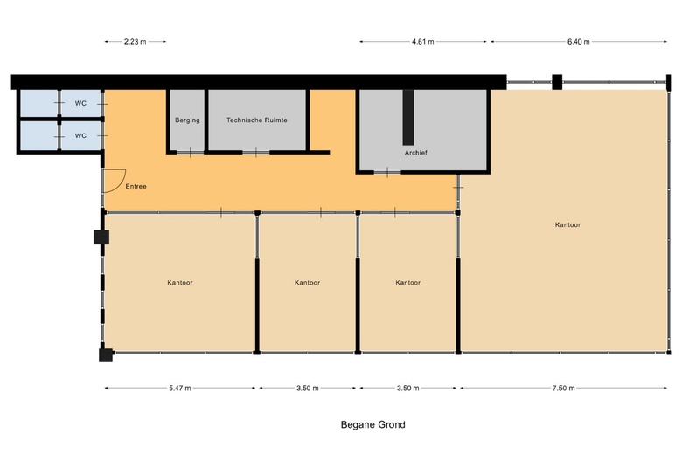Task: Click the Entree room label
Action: (136, 186)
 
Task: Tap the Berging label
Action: (187, 120)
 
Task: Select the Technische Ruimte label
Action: (256, 120)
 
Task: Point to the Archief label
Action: (416, 153)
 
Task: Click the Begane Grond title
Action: (372, 424)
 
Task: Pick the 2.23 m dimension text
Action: (135, 42)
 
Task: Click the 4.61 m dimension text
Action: (423, 42)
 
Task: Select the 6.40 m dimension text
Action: (579, 42)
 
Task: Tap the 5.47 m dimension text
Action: (180, 388)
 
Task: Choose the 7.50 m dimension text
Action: (564, 388)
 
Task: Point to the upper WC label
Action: (80, 103)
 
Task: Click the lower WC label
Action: (80, 136)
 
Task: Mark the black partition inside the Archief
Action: (408, 117)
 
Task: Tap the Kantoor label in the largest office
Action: (567, 224)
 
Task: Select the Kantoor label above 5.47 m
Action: (180, 282)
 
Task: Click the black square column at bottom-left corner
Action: (106, 355)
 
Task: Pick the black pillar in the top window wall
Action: (557, 82)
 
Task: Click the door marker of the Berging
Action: (190, 153)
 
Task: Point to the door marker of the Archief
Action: (387, 173)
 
